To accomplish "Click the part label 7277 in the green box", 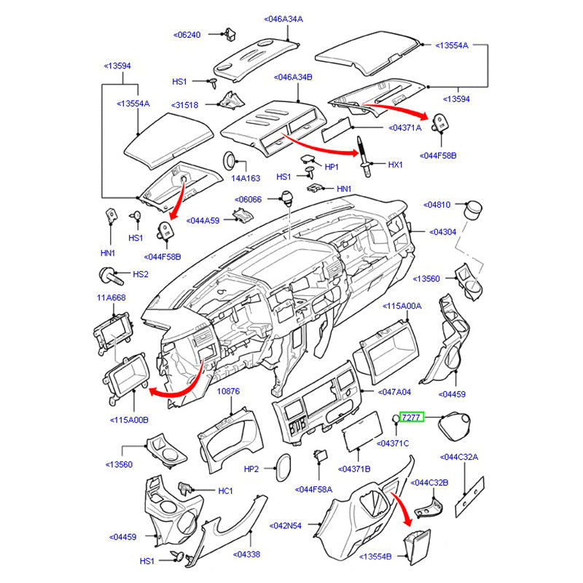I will pyautogui.click(x=411, y=417).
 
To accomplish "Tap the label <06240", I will pyautogui.click(x=187, y=34).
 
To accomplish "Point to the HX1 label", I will pyautogui.click(x=395, y=165).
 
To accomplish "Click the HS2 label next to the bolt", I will pyautogui.click(x=141, y=274).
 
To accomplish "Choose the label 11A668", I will pyautogui.click(x=111, y=297).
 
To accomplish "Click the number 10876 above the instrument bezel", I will pyautogui.click(x=228, y=391).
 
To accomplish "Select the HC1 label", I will pyautogui.click(x=225, y=491).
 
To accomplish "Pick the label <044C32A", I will pyautogui.click(x=459, y=458).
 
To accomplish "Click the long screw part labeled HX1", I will pyautogui.click(x=364, y=156).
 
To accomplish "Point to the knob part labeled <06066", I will pyautogui.click(x=287, y=197).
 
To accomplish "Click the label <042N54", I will pyautogui.click(x=286, y=524).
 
